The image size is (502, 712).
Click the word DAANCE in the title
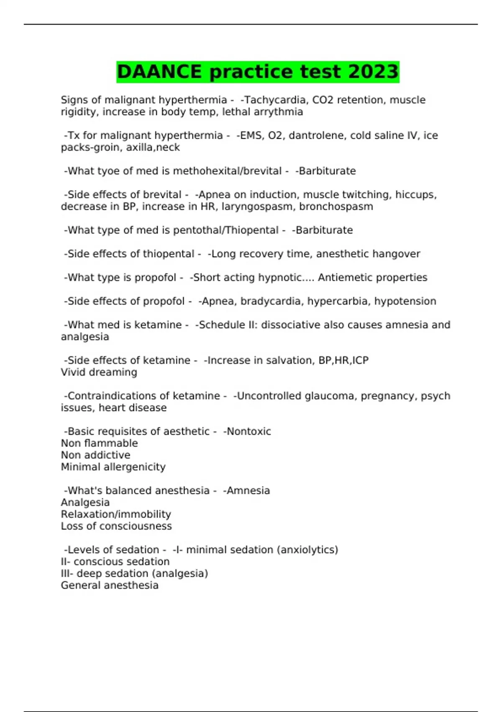159,72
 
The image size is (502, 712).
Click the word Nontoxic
248,431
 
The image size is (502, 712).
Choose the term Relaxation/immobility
116,514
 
